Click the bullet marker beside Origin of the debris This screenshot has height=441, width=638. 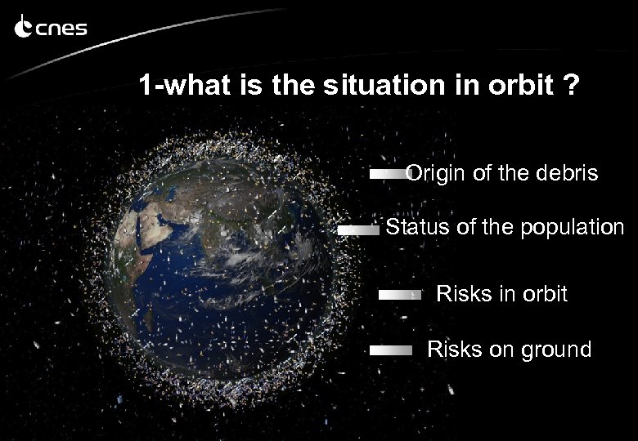coord(388,174)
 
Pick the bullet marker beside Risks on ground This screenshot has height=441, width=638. coord(391,350)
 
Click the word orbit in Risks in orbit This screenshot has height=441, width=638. coord(542,294)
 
